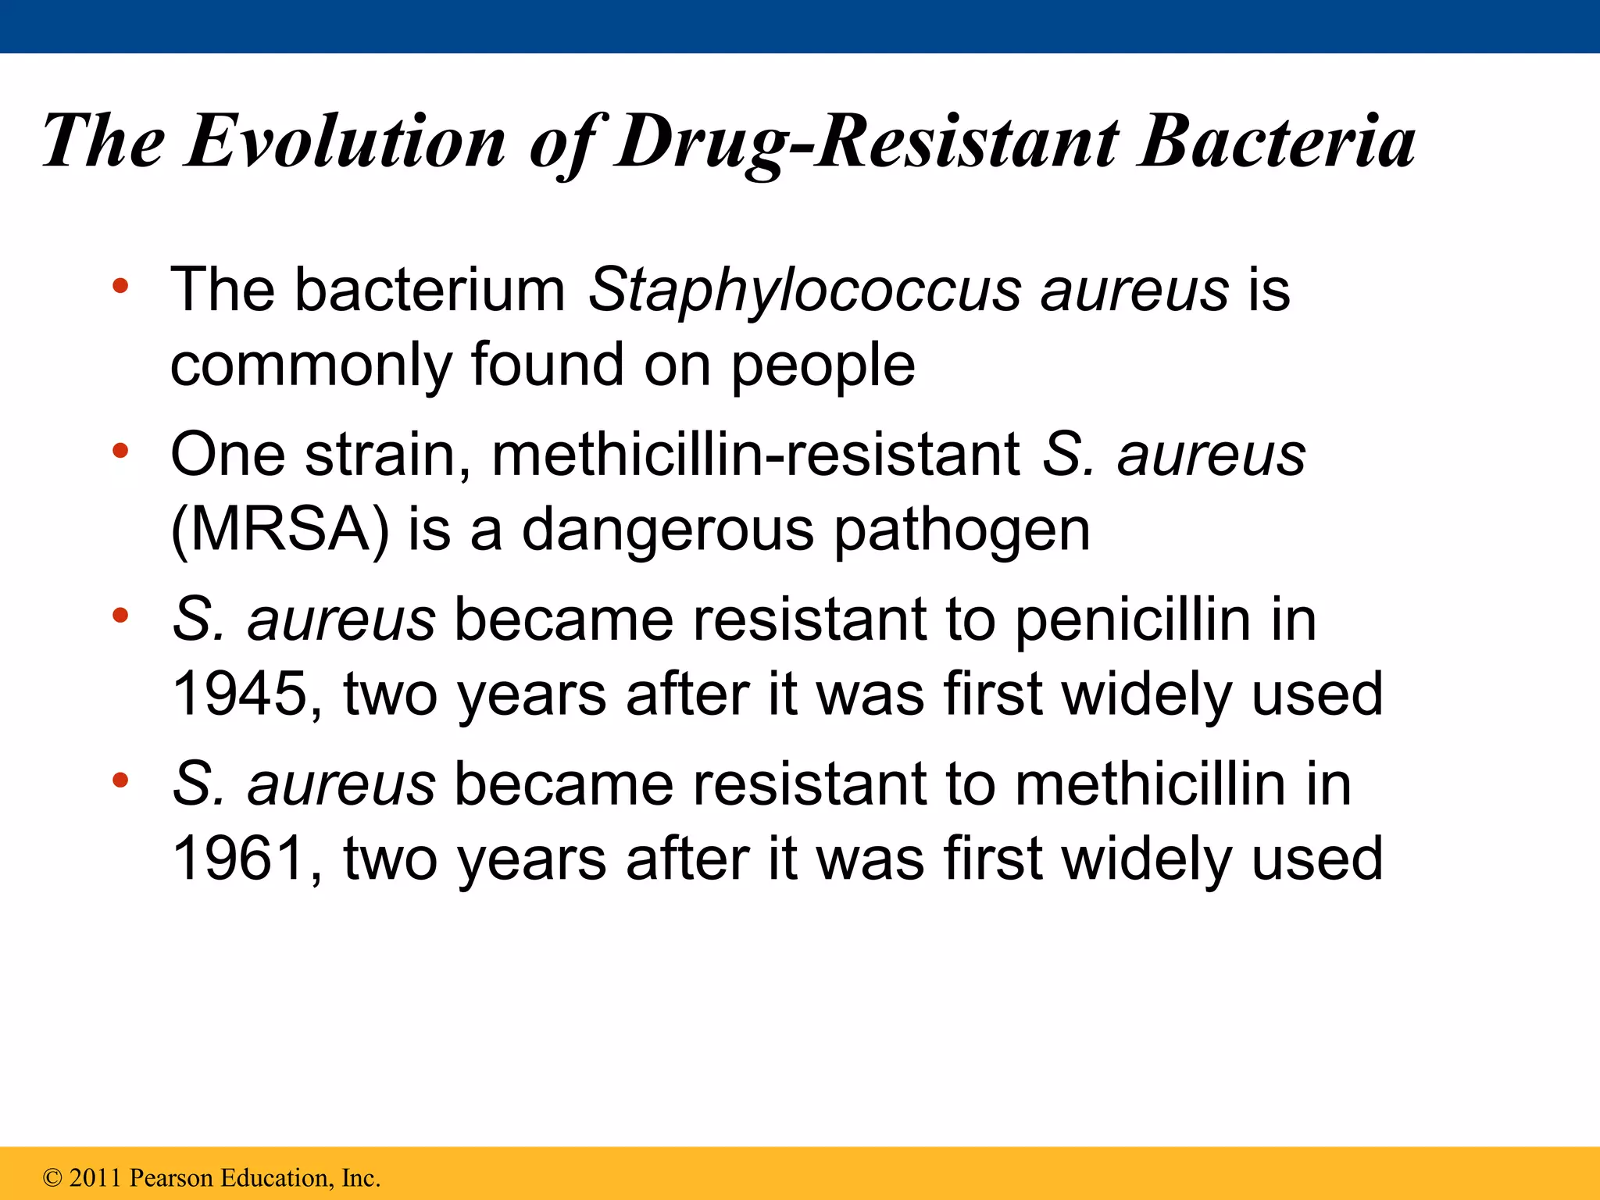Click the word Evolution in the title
[345, 142]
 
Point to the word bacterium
[430, 290]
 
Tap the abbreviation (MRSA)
[279, 530]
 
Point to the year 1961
[238, 858]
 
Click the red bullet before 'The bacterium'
[120, 286]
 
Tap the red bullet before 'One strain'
[120, 451]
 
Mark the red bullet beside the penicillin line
[120, 616]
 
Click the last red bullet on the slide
[120, 780]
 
